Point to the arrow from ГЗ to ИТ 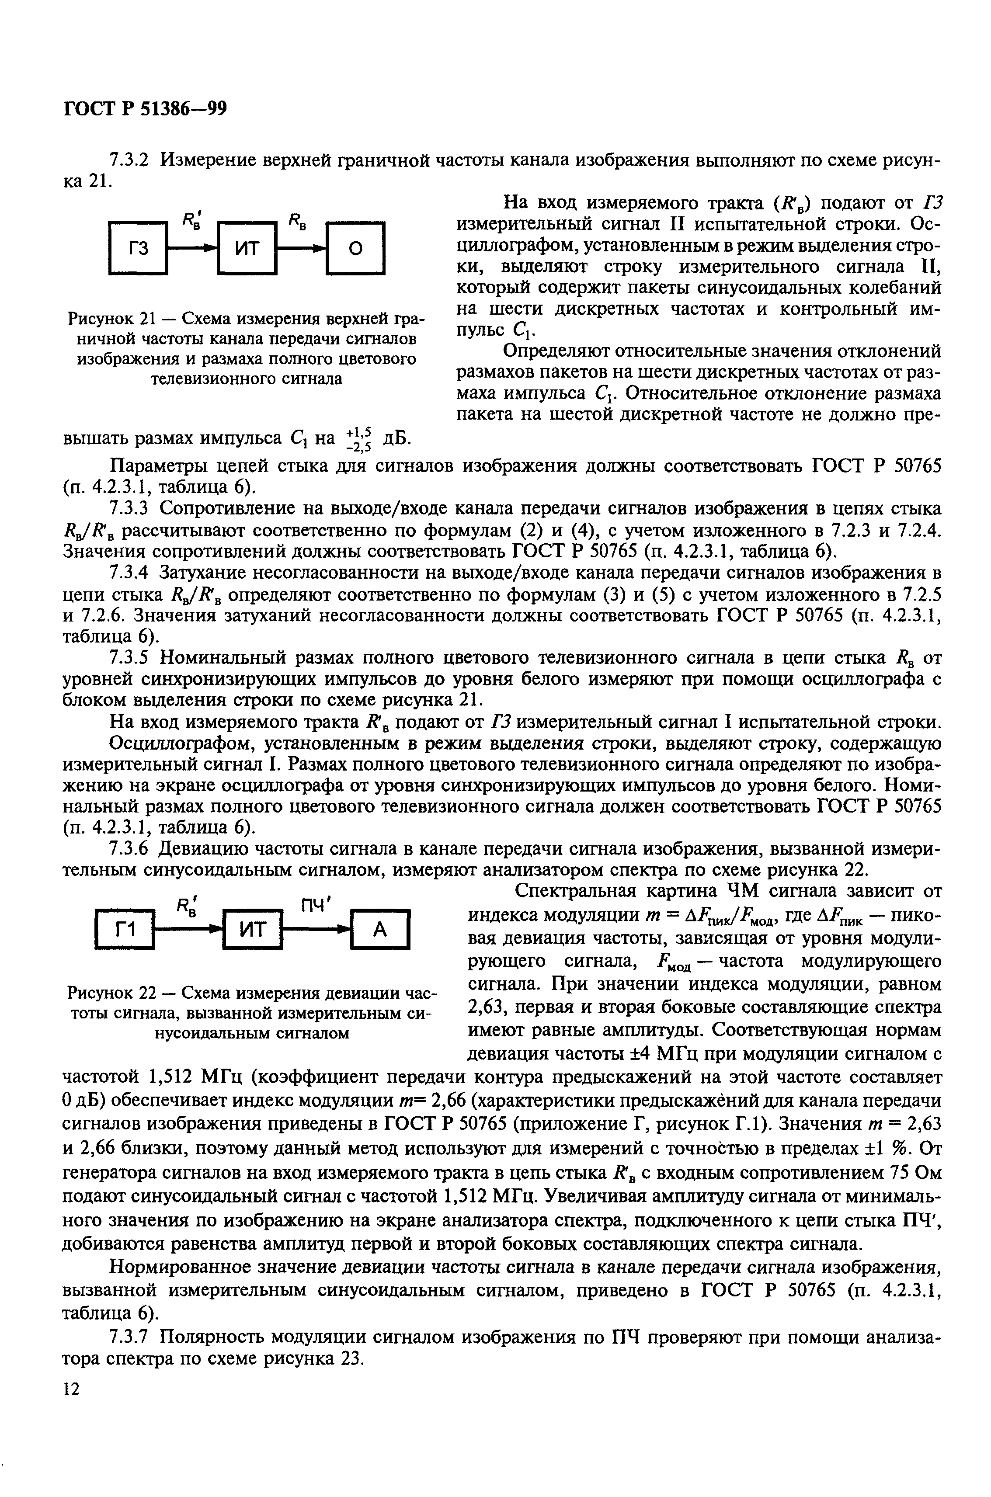click(192, 248)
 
